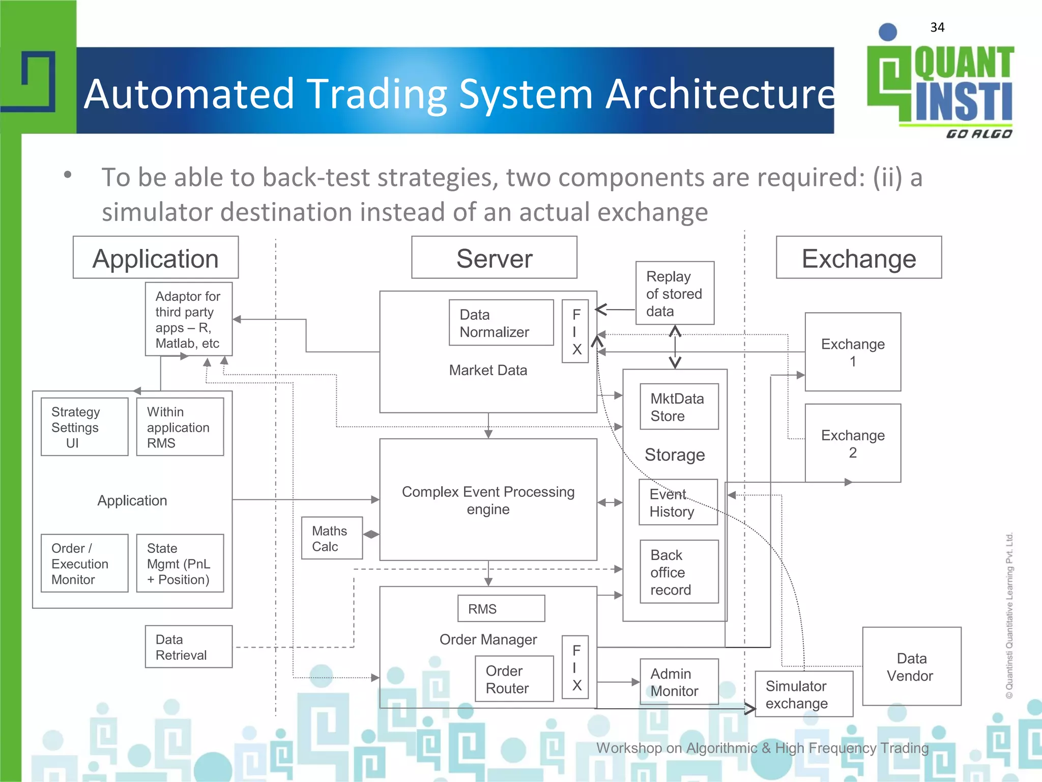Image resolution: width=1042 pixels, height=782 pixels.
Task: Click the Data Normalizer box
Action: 501,323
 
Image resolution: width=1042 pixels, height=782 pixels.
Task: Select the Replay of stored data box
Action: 675,293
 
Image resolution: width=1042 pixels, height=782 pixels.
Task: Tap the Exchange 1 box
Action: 853,352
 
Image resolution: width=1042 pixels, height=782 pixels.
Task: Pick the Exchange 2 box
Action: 853,443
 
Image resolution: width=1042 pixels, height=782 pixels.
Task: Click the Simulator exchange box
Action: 803,694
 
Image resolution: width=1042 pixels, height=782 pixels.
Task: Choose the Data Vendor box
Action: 911,666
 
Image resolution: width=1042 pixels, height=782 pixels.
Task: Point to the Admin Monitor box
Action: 679,682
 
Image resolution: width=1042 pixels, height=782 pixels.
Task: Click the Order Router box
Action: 514,679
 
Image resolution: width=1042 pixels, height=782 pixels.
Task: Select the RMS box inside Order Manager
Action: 501,609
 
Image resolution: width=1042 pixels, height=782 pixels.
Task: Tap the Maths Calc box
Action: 332,539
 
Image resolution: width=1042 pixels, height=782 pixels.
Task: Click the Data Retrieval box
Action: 188,647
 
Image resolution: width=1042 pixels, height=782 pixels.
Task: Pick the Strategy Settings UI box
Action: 84,427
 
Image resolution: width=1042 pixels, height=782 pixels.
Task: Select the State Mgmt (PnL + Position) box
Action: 180,564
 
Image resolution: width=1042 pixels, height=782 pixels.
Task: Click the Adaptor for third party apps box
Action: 188,319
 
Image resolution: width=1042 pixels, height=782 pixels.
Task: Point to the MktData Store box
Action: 679,407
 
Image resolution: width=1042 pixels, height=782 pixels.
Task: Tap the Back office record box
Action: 679,572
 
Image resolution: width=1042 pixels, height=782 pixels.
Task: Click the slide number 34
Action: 937,27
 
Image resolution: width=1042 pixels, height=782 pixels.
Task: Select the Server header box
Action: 494,258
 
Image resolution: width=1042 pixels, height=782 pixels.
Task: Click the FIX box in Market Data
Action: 575,331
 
